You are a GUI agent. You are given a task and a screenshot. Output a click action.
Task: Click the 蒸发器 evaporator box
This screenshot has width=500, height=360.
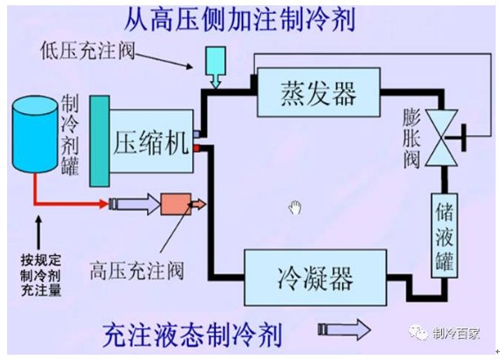point(318,93)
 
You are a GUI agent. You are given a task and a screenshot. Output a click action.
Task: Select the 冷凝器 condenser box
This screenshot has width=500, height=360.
point(316,277)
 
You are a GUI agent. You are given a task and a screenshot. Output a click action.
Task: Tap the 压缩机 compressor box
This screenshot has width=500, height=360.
point(151,141)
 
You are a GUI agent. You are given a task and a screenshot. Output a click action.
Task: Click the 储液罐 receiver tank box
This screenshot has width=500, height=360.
point(444,236)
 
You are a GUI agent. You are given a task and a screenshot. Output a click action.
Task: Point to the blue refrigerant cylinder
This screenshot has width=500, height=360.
point(35,134)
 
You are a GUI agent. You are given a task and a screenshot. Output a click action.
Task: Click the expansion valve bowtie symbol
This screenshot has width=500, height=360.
point(442,138)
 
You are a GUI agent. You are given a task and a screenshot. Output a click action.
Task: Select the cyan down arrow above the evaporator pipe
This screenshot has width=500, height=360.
point(216,67)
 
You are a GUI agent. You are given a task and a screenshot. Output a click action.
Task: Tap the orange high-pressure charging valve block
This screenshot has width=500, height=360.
point(176,204)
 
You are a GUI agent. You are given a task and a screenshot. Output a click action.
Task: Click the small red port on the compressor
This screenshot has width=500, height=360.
point(197,148)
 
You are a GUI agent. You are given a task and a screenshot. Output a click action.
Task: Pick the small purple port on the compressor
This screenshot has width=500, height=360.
point(197,133)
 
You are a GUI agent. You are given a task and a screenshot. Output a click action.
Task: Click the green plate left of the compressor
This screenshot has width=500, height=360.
point(100,141)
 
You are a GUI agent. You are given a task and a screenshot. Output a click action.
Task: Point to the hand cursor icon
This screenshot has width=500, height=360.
point(295,207)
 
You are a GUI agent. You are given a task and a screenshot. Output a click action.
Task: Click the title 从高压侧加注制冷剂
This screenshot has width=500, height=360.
point(240,19)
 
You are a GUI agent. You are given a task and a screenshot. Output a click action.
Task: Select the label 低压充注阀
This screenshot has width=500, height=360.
point(87,51)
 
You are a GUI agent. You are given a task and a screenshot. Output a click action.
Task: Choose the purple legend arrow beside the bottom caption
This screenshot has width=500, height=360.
point(345,330)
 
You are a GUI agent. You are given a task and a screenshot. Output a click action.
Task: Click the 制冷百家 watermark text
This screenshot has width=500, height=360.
point(456,334)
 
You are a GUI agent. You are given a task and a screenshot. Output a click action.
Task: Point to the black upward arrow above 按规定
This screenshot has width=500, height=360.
point(39,232)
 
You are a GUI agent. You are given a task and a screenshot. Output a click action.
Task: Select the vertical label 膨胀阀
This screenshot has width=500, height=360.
point(411,139)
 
